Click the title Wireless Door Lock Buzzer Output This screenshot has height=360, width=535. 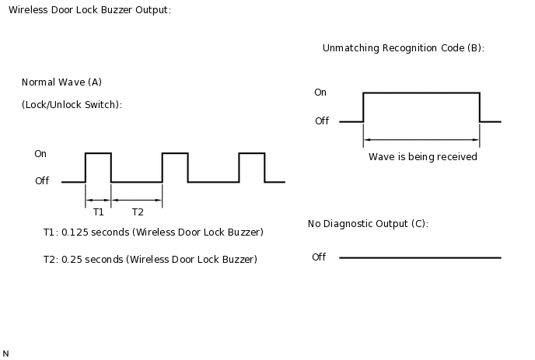pos(89,10)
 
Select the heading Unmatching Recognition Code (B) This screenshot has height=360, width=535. pos(403,48)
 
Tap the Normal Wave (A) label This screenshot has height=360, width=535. pos(61,82)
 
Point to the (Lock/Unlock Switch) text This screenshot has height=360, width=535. pos(72,105)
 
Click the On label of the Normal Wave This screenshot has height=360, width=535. pos(40,154)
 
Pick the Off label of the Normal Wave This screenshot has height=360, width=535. pos(42,181)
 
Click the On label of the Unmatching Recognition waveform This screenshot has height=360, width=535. pos(320,93)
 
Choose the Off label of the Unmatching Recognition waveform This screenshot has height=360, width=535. pos(322,121)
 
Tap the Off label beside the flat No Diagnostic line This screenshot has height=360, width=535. pos(319,257)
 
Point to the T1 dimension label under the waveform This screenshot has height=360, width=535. pos(98,212)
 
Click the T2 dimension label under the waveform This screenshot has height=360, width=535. pos(138,212)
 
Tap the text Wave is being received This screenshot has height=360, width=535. pos(422,157)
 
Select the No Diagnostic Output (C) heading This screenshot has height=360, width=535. pos(368,224)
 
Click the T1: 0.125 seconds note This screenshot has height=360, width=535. pos(153,232)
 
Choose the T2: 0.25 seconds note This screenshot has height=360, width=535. pos(150,259)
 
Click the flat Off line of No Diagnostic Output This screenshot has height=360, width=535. pos(420,257)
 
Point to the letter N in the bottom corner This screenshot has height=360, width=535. pos(6,354)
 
